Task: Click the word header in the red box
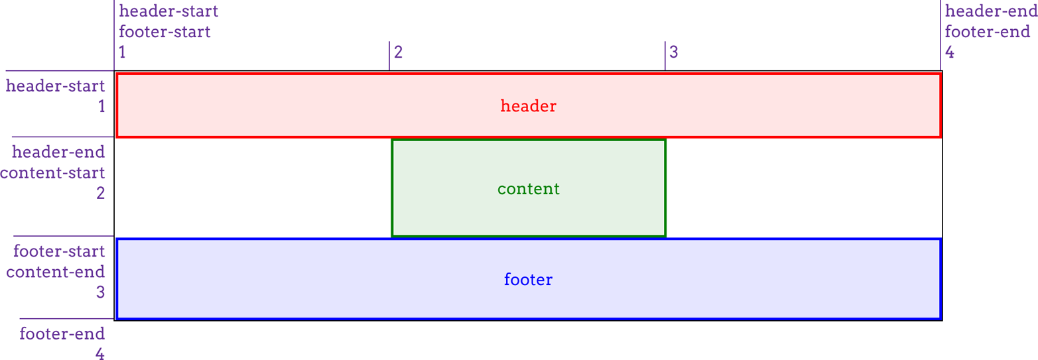[528, 106]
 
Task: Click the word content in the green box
[529, 189]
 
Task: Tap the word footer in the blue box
[528, 280]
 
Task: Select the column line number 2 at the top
[398, 52]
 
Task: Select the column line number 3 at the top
[674, 52]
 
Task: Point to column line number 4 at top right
[950, 52]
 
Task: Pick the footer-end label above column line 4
[988, 31]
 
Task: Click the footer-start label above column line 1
[164, 31]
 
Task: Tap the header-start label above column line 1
[168, 11]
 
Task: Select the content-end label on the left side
[56, 272]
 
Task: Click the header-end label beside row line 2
[59, 152]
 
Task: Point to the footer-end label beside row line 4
[62, 333]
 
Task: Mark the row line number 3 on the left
[100, 292]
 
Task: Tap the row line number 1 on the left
[101, 106]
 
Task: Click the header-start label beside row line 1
[55, 86]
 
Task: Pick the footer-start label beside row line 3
[59, 251]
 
